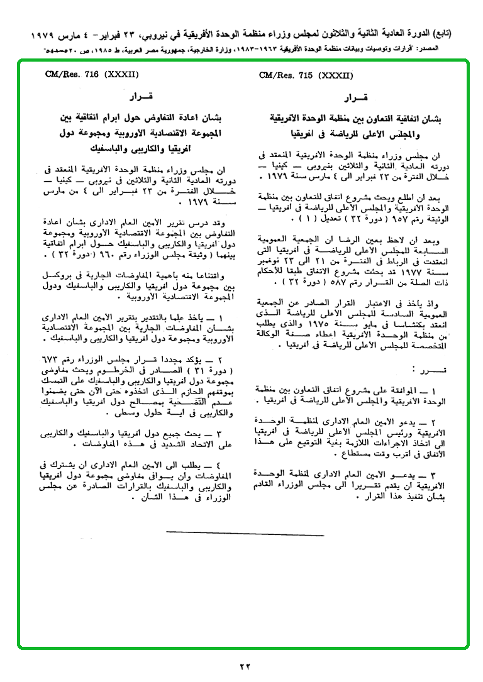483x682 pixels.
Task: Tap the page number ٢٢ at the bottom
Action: click(x=245, y=666)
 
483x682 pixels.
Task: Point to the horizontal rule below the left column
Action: click(x=245, y=533)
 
